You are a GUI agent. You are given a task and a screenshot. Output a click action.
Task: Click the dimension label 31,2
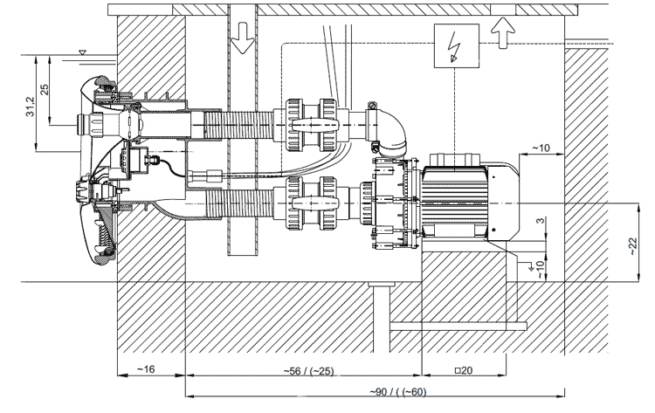coord(31,106)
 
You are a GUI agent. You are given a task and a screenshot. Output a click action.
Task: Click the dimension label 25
coord(45,90)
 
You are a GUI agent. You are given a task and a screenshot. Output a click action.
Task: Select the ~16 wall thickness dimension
coord(146,369)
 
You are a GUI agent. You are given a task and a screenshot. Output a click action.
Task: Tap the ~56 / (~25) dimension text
coord(308,371)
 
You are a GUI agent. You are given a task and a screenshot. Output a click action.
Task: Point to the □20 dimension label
coord(464,370)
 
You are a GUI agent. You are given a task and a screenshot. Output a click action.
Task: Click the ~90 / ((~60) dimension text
coord(398,392)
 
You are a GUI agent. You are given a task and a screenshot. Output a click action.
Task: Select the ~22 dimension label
coord(633,246)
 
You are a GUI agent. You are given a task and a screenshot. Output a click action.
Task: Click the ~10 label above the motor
coord(541,148)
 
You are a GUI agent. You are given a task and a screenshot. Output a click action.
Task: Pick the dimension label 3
coord(541,220)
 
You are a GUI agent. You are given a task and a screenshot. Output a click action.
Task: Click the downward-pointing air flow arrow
coord(243,38)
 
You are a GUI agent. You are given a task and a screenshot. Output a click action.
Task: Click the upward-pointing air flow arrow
coord(502,32)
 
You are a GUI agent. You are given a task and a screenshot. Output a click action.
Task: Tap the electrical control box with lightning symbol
coord(457,45)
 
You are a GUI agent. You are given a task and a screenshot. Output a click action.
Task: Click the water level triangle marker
coord(82,52)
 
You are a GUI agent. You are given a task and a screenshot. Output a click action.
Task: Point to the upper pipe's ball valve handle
coord(312,125)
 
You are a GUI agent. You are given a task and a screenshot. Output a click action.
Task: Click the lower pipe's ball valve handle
coord(312,203)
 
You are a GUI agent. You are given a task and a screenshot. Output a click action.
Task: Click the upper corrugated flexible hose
coord(238,125)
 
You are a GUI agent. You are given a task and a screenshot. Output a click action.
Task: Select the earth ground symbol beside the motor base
coord(530,265)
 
